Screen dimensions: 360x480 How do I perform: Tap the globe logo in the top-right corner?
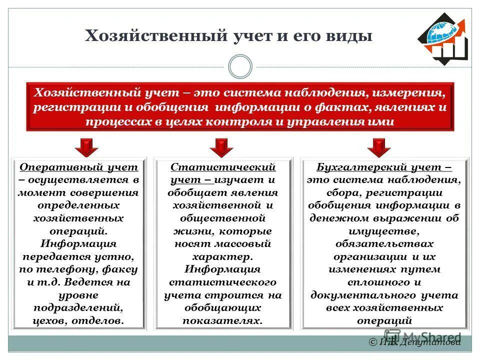[443, 39]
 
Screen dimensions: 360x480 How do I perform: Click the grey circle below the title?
[239, 67]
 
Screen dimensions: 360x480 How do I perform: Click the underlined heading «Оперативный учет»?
[78, 167]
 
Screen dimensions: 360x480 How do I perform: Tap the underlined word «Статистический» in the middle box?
[223, 167]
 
